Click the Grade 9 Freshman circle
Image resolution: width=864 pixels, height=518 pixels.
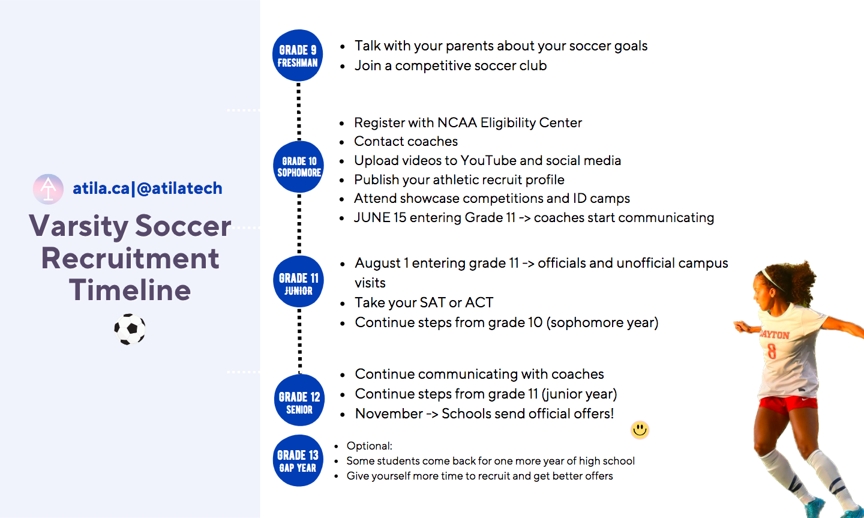(298, 55)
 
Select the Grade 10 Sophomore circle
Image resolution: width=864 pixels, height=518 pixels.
(299, 167)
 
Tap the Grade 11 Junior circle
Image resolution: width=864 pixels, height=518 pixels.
(299, 282)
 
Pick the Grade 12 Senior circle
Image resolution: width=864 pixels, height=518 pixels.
(299, 400)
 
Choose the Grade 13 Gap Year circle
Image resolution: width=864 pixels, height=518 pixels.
(298, 460)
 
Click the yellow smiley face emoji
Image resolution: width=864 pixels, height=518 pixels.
(640, 430)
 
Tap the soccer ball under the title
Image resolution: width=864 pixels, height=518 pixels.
(130, 329)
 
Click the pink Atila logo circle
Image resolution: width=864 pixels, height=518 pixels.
(48, 188)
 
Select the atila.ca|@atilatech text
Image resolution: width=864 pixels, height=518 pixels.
(148, 188)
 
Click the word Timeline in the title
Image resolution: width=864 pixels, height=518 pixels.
(130, 290)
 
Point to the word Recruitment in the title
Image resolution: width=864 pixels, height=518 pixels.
(130, 258)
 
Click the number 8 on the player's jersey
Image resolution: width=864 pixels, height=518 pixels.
(772, 351)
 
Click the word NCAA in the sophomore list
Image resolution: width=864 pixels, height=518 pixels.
(457, 122)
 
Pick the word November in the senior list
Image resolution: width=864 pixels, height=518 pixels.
(389, 414)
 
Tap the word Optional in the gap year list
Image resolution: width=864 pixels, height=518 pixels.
(369, 446)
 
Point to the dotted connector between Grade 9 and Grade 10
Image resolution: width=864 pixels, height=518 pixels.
(299, 111)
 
